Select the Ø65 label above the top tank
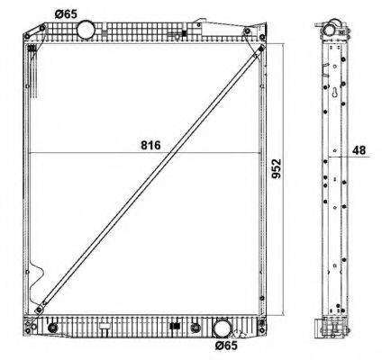(x=65, y=13)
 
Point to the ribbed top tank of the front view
(x=144, y=32)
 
